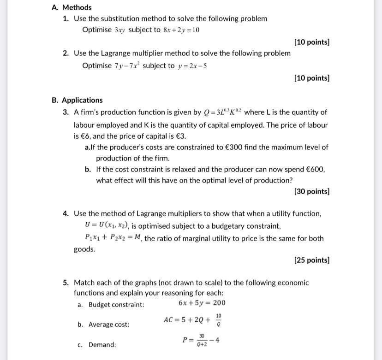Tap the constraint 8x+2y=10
(x=181, y=30)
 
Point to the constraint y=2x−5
(x=191, y=65)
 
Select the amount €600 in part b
(x=314, y=169)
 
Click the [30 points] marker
(x=312, y=191)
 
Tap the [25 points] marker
(x=312, y=260)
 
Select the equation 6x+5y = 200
(x=202, y=303)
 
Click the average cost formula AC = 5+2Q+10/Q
(x=193, y=319)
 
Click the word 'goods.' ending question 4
(x=84, y=249)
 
